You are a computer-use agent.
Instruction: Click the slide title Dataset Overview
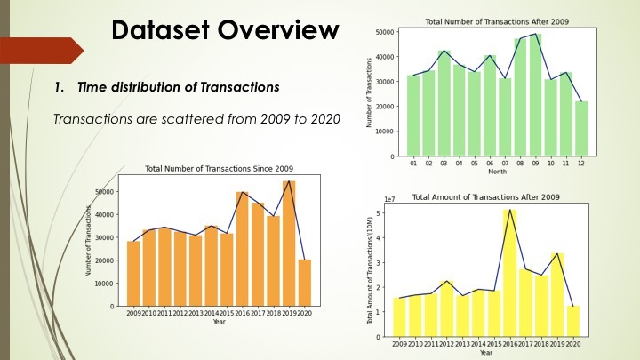(x=226, y=31)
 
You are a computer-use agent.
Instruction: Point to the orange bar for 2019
(x=289, y=244)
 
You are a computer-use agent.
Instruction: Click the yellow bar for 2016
(x=510, y=273)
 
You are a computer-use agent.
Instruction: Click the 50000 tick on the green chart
(x=383, y=32)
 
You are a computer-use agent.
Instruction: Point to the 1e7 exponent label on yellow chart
(x=388, y=200)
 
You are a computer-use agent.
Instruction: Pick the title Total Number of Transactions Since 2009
(x=219, y=169)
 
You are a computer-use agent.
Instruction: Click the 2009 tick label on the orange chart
(x=133, y=313)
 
